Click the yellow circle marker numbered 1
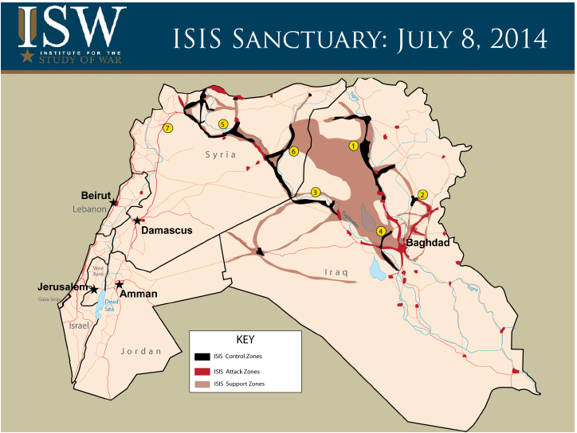[x=353, y=146]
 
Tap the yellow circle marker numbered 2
[x=423, y=194]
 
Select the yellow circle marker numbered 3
[x=316, y=192]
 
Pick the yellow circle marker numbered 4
[x=381, y=232]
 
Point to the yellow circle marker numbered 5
[x=223, y=124]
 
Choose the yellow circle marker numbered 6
[x=293, y=151]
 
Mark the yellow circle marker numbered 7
[x=167, y=128]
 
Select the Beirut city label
[x=95, y=195]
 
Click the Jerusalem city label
[x=61, y=287]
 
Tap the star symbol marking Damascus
[x=137, y=220]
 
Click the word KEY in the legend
[x=245, y=339]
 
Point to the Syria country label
[x=220, y=154]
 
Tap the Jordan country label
[x=140, y=351]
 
